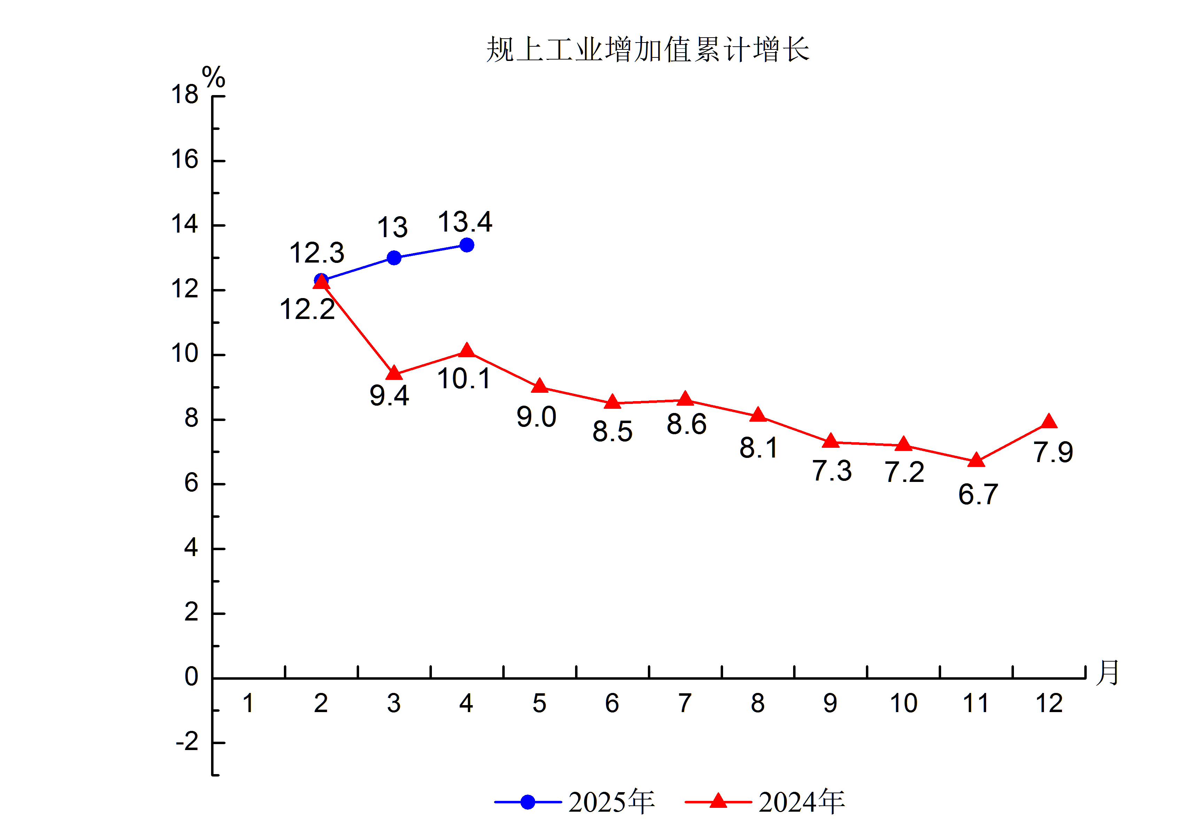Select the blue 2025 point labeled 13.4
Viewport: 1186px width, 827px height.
coord(466,245)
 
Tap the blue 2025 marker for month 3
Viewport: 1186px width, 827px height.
coord(394,258)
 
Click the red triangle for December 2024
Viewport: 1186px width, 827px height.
coord(1049,421)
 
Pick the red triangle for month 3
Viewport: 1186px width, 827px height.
coord(394,373)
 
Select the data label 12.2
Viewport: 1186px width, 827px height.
coord(307,310)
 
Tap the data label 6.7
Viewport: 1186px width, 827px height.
coord(978,494)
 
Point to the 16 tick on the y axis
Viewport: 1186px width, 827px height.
coord(185,159)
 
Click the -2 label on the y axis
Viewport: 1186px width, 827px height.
coord(187,742)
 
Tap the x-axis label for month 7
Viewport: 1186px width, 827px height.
coord(684,703)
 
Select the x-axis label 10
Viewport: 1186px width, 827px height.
coord(904,703)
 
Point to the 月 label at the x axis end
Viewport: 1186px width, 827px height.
coord(1107,672)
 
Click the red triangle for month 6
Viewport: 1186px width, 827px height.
coord(612,402)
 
